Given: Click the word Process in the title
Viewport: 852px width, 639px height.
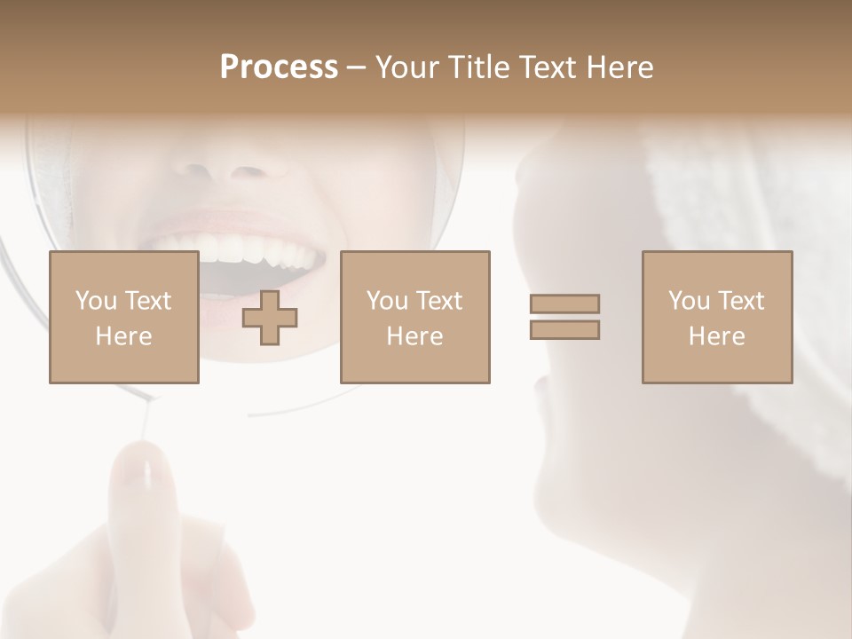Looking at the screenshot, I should point(279,67).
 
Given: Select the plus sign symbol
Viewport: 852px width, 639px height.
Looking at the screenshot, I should point(270,317).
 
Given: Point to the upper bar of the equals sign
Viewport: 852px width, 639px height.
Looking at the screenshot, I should point(564,304).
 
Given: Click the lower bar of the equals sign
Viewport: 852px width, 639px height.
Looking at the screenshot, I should point(564,329).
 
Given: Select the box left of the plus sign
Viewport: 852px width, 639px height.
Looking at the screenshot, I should point(123,317).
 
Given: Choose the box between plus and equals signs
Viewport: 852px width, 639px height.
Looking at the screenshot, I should point(414,317).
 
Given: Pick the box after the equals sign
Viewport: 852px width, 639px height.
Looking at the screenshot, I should point(716,317).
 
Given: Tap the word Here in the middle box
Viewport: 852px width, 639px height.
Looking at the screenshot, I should point(414,335).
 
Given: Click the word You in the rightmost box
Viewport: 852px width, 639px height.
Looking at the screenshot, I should point(689,301).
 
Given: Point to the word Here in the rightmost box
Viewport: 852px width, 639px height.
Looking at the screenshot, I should point(716,335).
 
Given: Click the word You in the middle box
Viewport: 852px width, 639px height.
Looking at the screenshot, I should point(387,301).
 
